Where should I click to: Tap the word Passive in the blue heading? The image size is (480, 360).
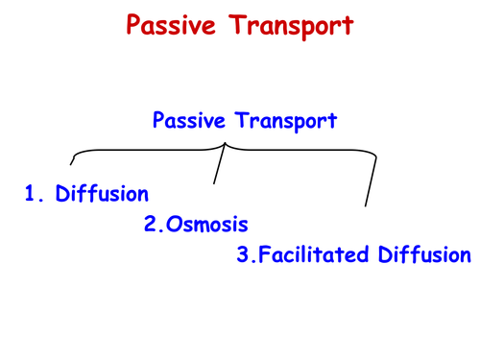click(x=185, y=122)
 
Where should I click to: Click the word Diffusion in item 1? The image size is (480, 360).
click(x=103, y=195)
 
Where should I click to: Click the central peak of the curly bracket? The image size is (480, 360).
click(x=225, y=144)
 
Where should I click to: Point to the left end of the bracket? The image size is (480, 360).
click(x=73, y=164)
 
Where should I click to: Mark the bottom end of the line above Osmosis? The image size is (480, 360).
click(x=213, y=183)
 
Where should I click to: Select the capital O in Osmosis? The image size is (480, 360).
click(x=171, y=226)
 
